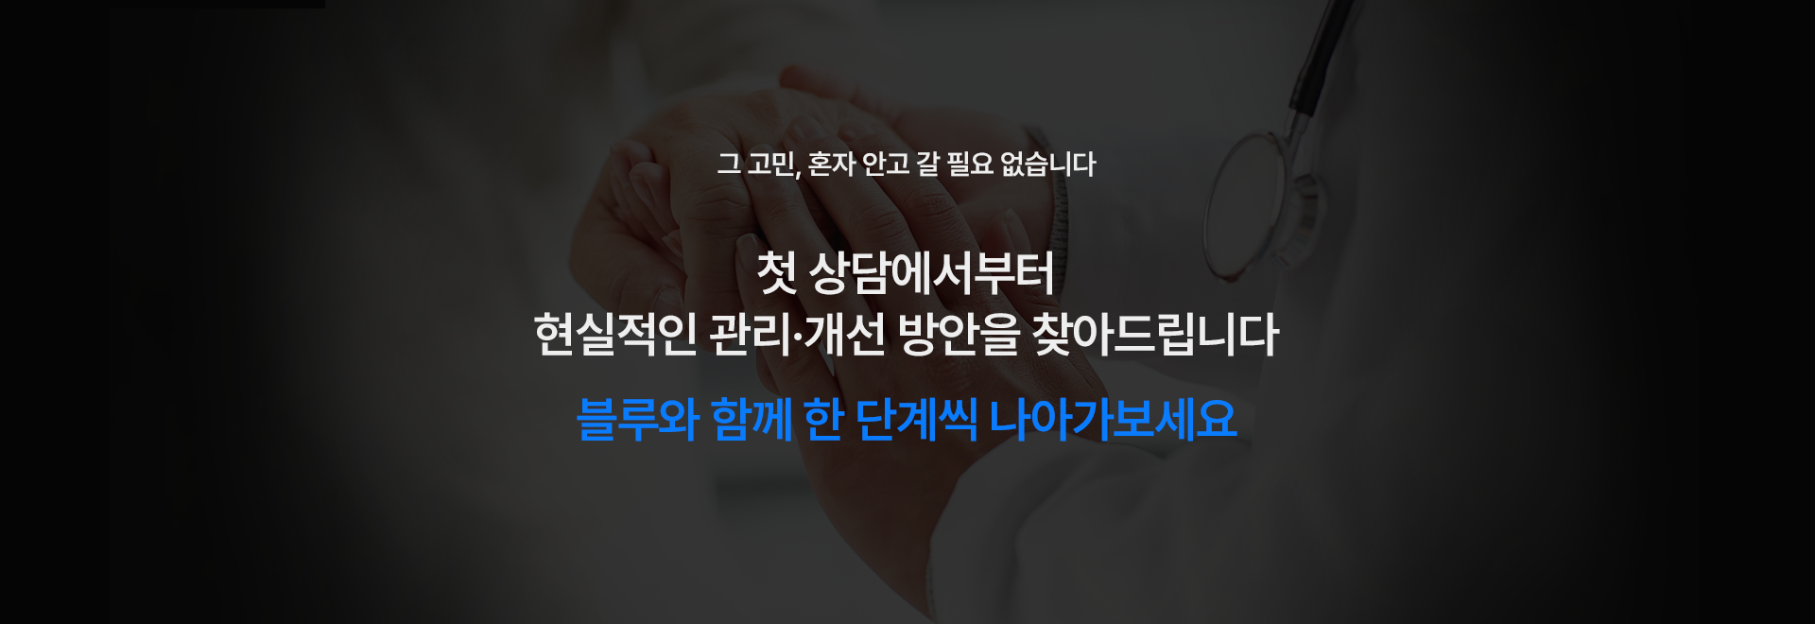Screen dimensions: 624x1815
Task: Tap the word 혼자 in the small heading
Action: tap(832, 165)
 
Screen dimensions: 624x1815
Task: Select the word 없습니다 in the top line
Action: tap(1047, 165)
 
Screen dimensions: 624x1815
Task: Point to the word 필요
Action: tap(969, 165)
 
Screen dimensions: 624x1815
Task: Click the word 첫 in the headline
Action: tap(776, 273)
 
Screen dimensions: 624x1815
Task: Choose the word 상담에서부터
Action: tap(931, 273)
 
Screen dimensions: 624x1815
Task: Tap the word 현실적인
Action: tap(615, 335)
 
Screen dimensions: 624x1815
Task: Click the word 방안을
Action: tap(958, 335)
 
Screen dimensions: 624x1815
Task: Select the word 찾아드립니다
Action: tap(1154, 335)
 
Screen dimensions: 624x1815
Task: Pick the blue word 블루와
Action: tap(637, 419)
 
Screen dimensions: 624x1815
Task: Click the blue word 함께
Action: tap(752, 419)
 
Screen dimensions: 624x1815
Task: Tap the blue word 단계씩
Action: tap(915, 419)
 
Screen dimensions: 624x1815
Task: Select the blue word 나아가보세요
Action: tap(1113, 419)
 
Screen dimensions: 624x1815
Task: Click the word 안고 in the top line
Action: tap(885, 165)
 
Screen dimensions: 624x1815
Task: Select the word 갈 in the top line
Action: tap(927, 165)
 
